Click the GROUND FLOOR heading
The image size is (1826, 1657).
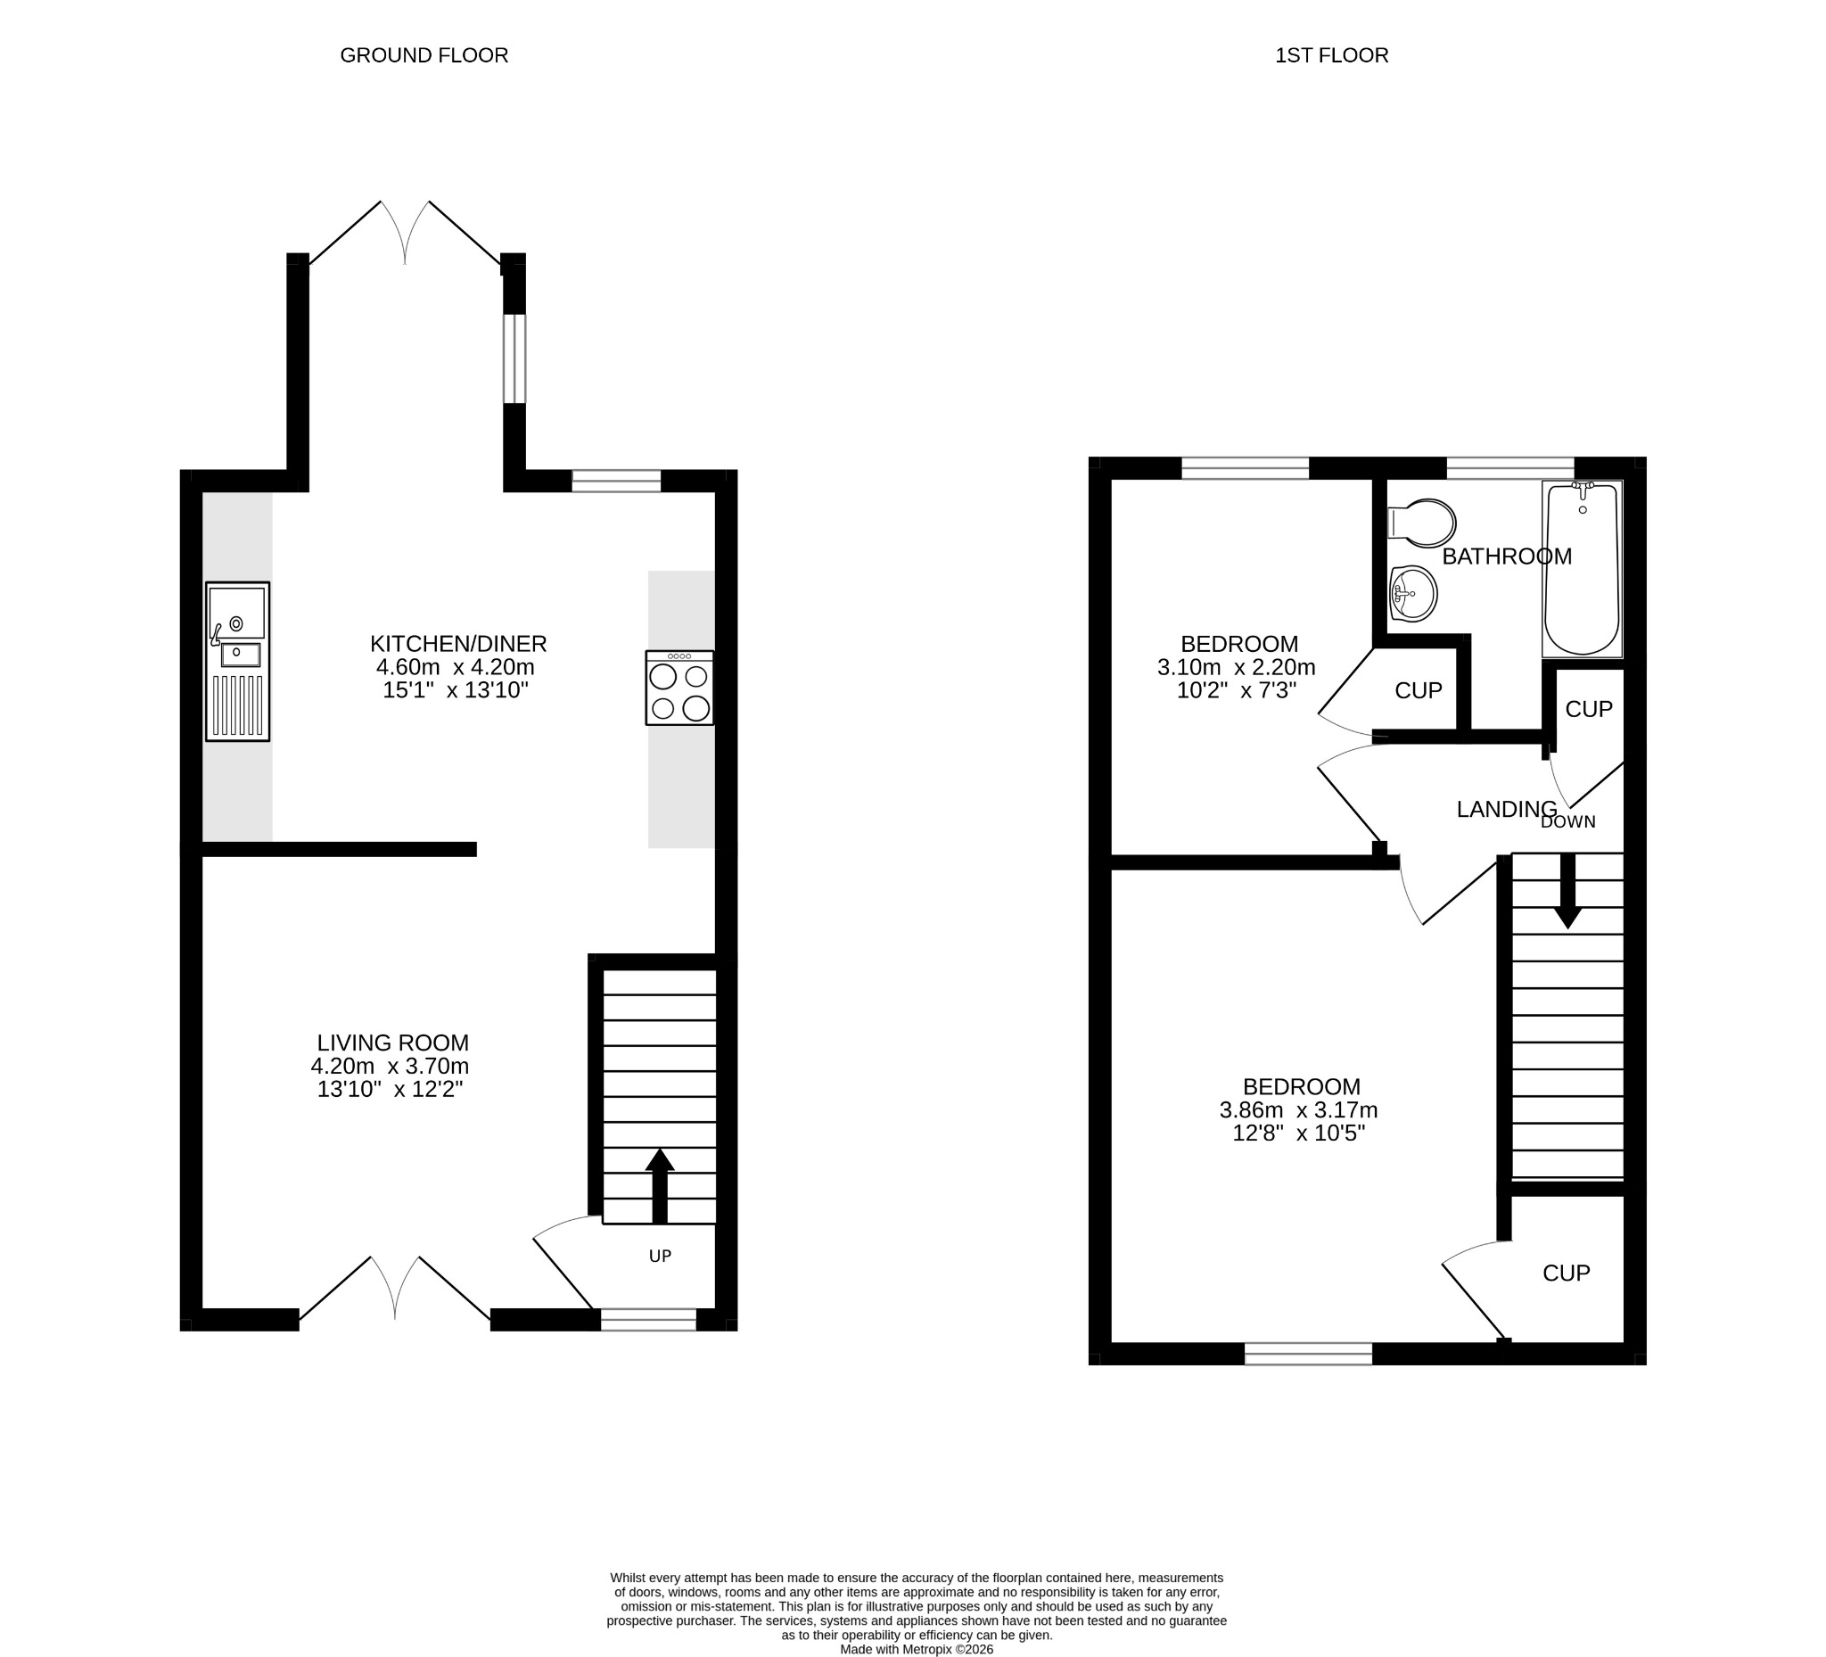424,55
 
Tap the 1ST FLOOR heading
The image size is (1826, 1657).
1331,55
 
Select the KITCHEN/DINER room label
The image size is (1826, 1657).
458,644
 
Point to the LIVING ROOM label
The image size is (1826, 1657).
393,1043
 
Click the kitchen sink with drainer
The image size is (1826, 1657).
237,662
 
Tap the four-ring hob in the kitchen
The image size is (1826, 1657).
679,688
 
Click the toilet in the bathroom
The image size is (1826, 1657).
1421,523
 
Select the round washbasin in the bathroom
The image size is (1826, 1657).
1413,593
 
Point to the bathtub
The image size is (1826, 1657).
1583,569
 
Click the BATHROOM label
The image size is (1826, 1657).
1507,556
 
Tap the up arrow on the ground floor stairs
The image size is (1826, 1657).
660,1186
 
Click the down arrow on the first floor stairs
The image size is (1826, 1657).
1567,892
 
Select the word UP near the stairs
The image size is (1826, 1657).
661,1256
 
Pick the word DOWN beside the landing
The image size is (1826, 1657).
1567,822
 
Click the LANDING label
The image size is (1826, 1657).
1507,809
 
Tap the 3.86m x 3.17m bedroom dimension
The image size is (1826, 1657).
1299,1109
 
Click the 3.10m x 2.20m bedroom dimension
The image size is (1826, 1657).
1237,668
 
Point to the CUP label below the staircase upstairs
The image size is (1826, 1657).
1566,1273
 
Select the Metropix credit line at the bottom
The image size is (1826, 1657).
917,1650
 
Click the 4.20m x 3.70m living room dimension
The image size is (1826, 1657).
390,1067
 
